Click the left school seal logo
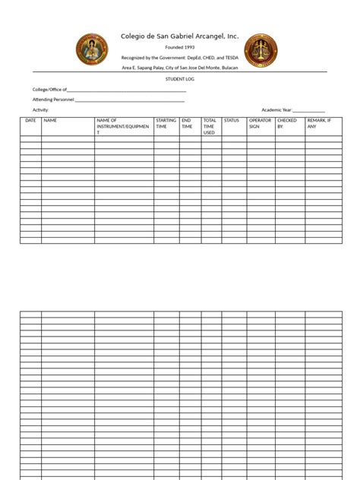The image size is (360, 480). click(92, 49)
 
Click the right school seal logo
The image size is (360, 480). click(261, 49)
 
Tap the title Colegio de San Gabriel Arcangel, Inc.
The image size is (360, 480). click(179, 36)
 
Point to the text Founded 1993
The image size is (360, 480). click(179, 47)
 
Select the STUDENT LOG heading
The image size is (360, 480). click(179, 78)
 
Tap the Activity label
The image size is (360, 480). click(40, 110)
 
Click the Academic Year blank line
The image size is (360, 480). click(308, 111)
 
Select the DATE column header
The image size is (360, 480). click(30, 121)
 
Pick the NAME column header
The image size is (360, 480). click(51, 121)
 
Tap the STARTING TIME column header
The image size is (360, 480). click(166, 124)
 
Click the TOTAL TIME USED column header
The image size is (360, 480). click(210, 126)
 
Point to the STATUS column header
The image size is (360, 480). click(232, 121)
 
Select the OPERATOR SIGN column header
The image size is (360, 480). click(260, 124)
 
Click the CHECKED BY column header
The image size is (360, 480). click(287, 124)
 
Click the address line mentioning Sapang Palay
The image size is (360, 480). click(179, 68)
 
